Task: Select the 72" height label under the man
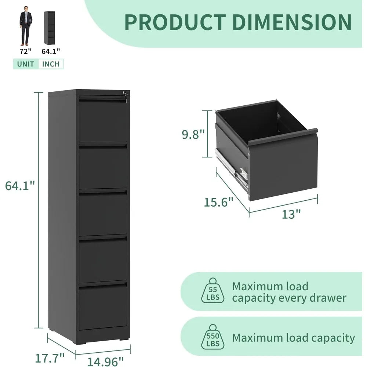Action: (x=25, y=52)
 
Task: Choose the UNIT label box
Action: (x=26, y=64)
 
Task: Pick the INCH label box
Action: (x=51, y=64)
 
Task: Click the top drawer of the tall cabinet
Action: (x=103, y=121)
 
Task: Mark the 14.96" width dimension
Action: (x=103, y=361)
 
